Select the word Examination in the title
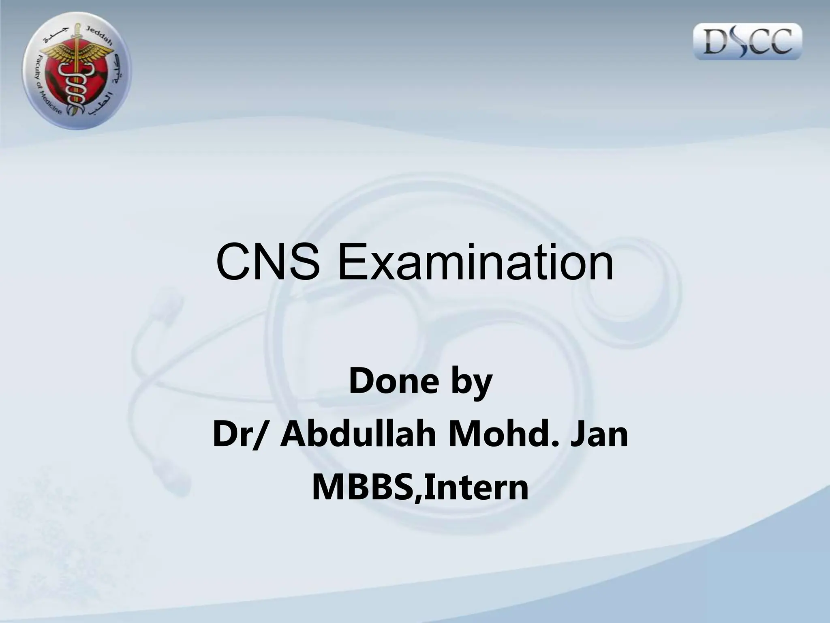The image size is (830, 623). pyautogui.click(x=475, y=262)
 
